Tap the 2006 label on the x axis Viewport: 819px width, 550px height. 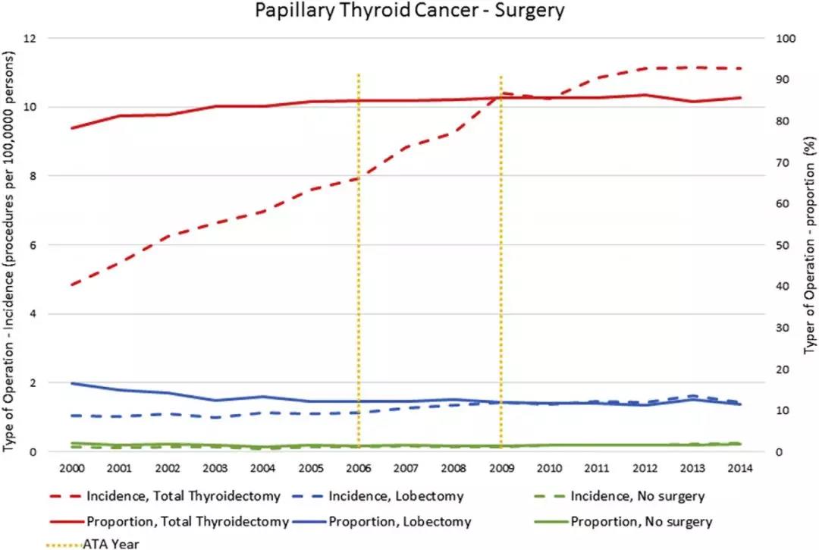pyautogui.click(x=358, y=468)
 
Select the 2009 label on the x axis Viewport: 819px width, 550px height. pyautogui.click(x=501, y=468)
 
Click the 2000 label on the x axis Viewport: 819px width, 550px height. pyautogui.click(x=71, y=468)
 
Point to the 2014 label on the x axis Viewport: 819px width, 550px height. pyautogui.click(x=740, y=468)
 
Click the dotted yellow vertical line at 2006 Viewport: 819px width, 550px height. pyautogui.click(x=358, y=228)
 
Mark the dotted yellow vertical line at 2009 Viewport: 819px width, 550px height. pyautogui.click(x=501, y=228)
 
